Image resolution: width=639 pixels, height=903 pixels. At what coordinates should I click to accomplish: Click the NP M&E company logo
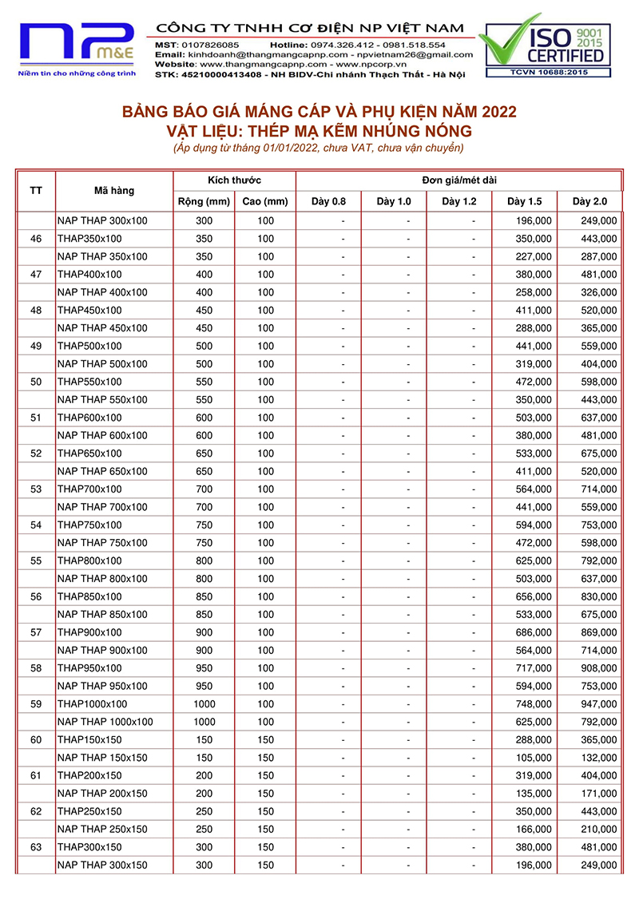(x=77, y=46)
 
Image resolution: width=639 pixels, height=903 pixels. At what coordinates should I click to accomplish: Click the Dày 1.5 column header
(x=524, y=201)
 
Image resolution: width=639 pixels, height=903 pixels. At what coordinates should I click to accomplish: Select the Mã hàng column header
(x=114, y=191)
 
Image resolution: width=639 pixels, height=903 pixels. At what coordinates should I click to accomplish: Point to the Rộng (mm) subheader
(x=204, y=201)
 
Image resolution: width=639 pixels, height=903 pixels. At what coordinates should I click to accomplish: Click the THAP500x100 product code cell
(x=89, y=346)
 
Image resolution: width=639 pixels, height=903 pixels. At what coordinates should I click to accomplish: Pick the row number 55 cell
(x=36, y=560)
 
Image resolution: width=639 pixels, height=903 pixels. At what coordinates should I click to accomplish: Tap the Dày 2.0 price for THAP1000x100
(x=598, y=704)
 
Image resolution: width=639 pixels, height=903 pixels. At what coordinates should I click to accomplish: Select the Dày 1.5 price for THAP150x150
(x=534, y=740)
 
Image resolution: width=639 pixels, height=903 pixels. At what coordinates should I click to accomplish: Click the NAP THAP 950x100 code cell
(x=102, y=686)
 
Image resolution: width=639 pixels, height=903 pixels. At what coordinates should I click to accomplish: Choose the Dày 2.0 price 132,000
(x=598, y=758)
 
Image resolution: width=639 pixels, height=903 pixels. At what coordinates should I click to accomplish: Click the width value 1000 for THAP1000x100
(x=204, y=704)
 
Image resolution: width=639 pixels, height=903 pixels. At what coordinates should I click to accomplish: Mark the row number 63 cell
(x=36, y=847)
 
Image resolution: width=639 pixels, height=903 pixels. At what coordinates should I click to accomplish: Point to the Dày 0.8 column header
(x=328, y=201)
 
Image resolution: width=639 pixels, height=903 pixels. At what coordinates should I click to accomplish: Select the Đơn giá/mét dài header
(x=458, y=180)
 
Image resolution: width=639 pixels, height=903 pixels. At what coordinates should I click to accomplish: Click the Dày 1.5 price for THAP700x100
(x=534, y=489)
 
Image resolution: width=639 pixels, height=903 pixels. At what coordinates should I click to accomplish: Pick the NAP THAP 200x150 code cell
(x=102, y=794)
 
